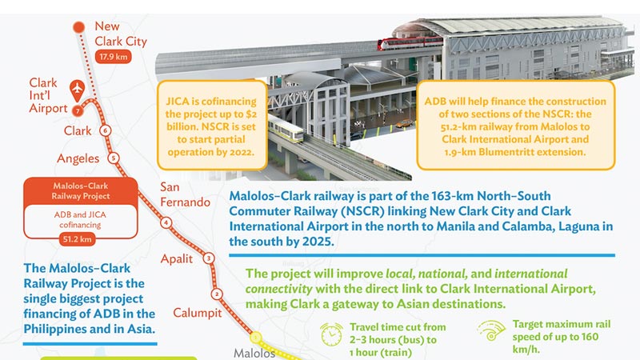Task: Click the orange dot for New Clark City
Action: click(x=78, y=27)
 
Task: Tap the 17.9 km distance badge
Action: click(x=113, y=57)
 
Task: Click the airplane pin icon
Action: click(x=77, y=90)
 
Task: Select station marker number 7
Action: click(x=78, y=110)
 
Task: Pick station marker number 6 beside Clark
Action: click(x=106, y=130)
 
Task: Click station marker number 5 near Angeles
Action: click(x=114, y=158)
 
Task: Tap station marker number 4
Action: click(x=166, y=222)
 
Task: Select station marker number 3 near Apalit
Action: click(x=209, y=258)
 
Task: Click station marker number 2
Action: click(x=217, y=294)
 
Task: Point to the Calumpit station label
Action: click(x=198, y=313)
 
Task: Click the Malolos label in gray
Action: click(x=254, y=353)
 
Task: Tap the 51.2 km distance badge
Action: click(x=77, y=239)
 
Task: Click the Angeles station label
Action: click(x=78, y=158)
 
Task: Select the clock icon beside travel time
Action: click(x=331, y=334)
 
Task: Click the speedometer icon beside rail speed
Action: click(x=491, y=330)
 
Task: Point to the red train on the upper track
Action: click(x=410, y=42)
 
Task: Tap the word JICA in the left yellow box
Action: click(x=178, y=102)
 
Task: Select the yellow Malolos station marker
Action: click(x=256, y=338)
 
